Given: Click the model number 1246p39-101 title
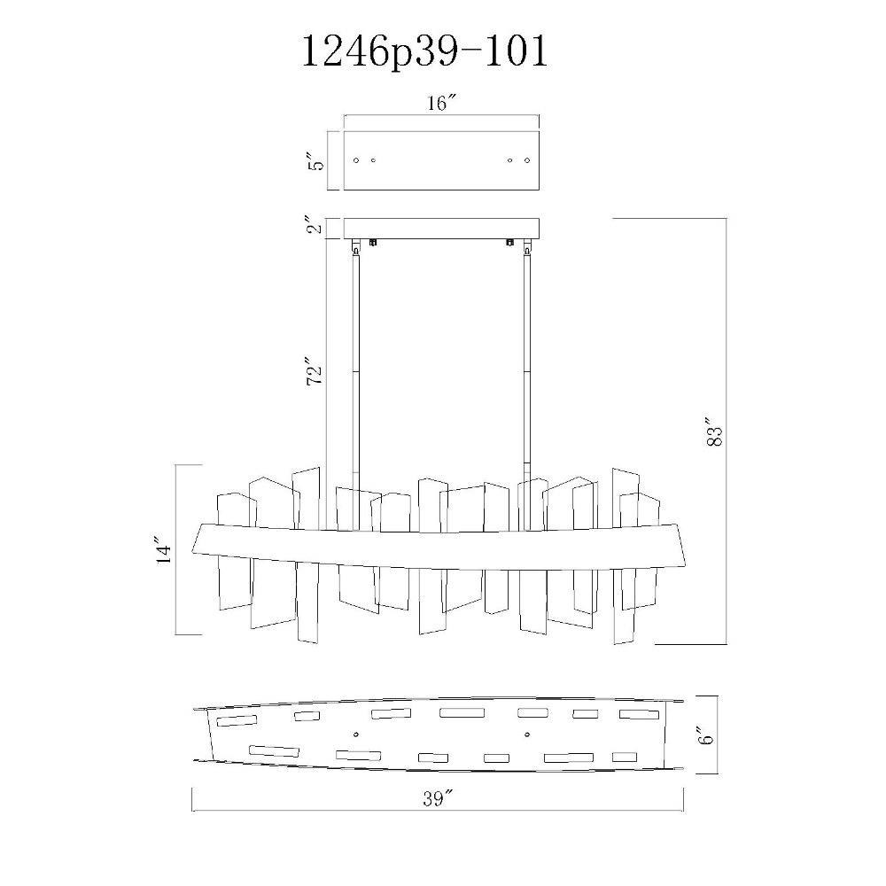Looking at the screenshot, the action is (425, 52).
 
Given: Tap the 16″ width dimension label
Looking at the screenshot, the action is (441, 103).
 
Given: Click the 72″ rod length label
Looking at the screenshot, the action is (315, 370).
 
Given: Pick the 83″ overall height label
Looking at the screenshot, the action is (714, 432).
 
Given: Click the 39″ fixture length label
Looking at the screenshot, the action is (439, 799).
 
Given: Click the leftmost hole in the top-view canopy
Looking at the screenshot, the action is (356, 160).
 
